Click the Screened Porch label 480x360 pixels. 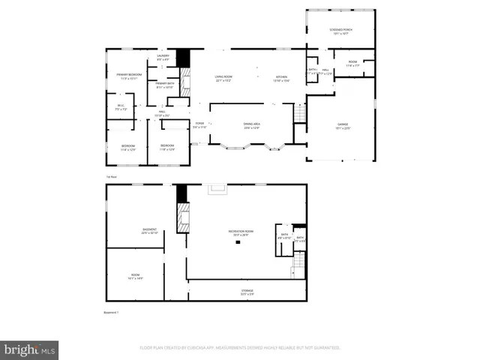coord(341,31)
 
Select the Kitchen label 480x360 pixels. coord(281,76)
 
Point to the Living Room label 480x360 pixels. coord(223,76)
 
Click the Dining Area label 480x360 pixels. coord(251,124)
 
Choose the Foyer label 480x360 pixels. coord(199,124)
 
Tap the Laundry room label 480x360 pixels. coord(163,57)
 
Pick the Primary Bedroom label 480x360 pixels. coord(129,75)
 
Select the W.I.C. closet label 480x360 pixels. coord(121,106)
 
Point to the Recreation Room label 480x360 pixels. coord(241,232)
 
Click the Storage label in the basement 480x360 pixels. coord(247,291)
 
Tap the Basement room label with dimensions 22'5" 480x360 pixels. coord(149,231)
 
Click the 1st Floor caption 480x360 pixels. coord(111,176)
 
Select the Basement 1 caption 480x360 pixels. coord(111,312)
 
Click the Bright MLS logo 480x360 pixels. coord(29,349)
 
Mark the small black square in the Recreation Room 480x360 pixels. coord(237,241)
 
